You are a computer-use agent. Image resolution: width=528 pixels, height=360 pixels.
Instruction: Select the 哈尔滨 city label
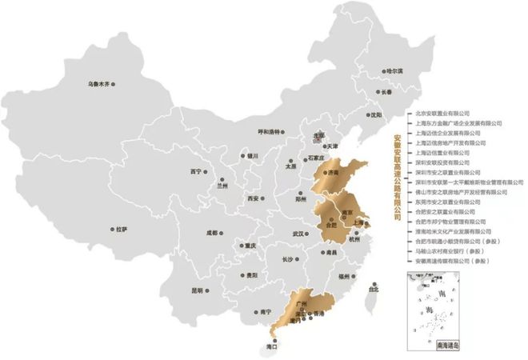coord(394,71)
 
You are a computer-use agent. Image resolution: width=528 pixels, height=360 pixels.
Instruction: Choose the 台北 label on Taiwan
coord(373,290)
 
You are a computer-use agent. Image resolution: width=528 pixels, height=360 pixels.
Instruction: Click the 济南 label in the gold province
coord(334,172)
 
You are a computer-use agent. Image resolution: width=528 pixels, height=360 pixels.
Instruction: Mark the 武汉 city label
coord(298,234)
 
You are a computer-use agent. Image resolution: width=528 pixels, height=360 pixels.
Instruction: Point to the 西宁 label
coord(196,171)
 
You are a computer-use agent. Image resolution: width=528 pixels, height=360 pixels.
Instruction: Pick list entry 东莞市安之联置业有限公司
coord(446,202)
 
